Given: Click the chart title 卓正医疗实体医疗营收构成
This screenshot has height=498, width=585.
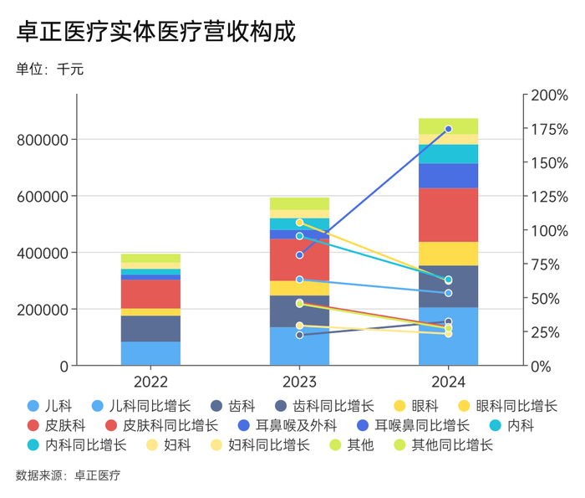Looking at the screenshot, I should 155,32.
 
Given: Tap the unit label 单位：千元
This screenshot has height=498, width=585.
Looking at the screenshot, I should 49,69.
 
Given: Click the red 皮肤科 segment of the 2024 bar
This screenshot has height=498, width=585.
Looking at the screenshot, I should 448,215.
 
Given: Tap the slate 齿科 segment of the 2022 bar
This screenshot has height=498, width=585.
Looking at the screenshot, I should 150,328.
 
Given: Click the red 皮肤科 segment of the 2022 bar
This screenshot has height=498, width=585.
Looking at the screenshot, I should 150,294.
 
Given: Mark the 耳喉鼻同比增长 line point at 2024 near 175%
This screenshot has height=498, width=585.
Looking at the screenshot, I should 448,129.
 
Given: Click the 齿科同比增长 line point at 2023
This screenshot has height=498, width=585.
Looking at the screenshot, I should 299,335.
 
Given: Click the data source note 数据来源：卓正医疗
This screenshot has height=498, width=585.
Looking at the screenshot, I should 68,475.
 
